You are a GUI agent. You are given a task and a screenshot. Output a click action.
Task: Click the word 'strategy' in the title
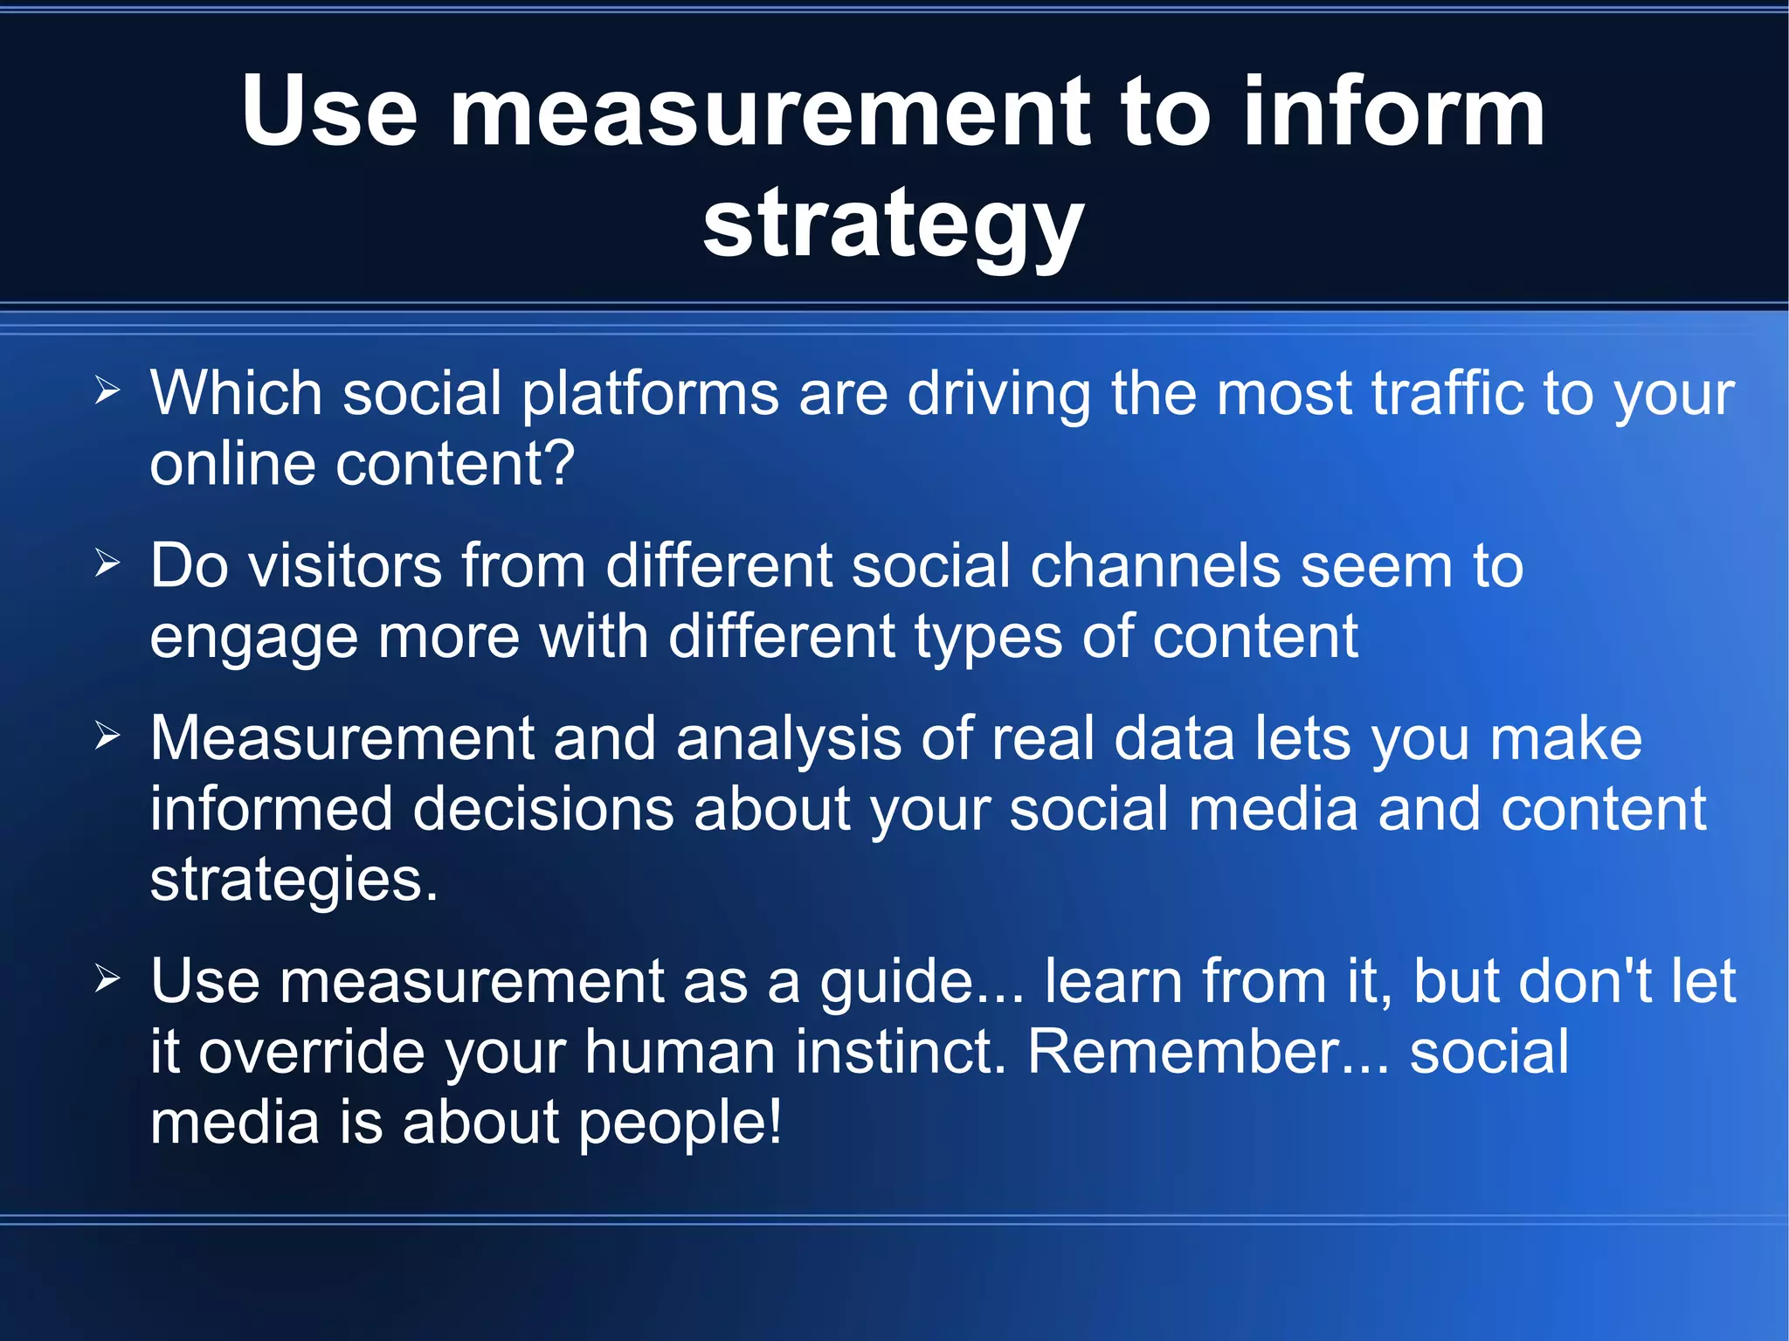[x=893, y=225]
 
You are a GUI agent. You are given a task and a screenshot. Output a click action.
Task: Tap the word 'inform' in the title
[x=1393, y=112]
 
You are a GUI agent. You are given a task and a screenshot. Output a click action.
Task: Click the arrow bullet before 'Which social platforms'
[x=107, y=391]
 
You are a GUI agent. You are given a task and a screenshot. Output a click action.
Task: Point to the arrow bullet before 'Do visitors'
[x=107, y=564]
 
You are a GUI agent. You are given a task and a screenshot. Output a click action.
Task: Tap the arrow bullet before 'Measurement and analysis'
[x=107, y=736]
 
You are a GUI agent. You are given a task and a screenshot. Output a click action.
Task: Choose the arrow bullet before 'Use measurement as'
[x=107, y=979]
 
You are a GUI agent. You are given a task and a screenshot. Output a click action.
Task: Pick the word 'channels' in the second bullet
[x=1155, y=566]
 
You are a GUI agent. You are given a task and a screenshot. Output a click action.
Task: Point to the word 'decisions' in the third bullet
[x=542, y=809]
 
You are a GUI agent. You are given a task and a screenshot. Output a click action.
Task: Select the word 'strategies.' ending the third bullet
[x=294, y=881]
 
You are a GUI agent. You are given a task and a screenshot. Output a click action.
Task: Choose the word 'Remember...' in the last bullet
[x=1208, y=1052]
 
